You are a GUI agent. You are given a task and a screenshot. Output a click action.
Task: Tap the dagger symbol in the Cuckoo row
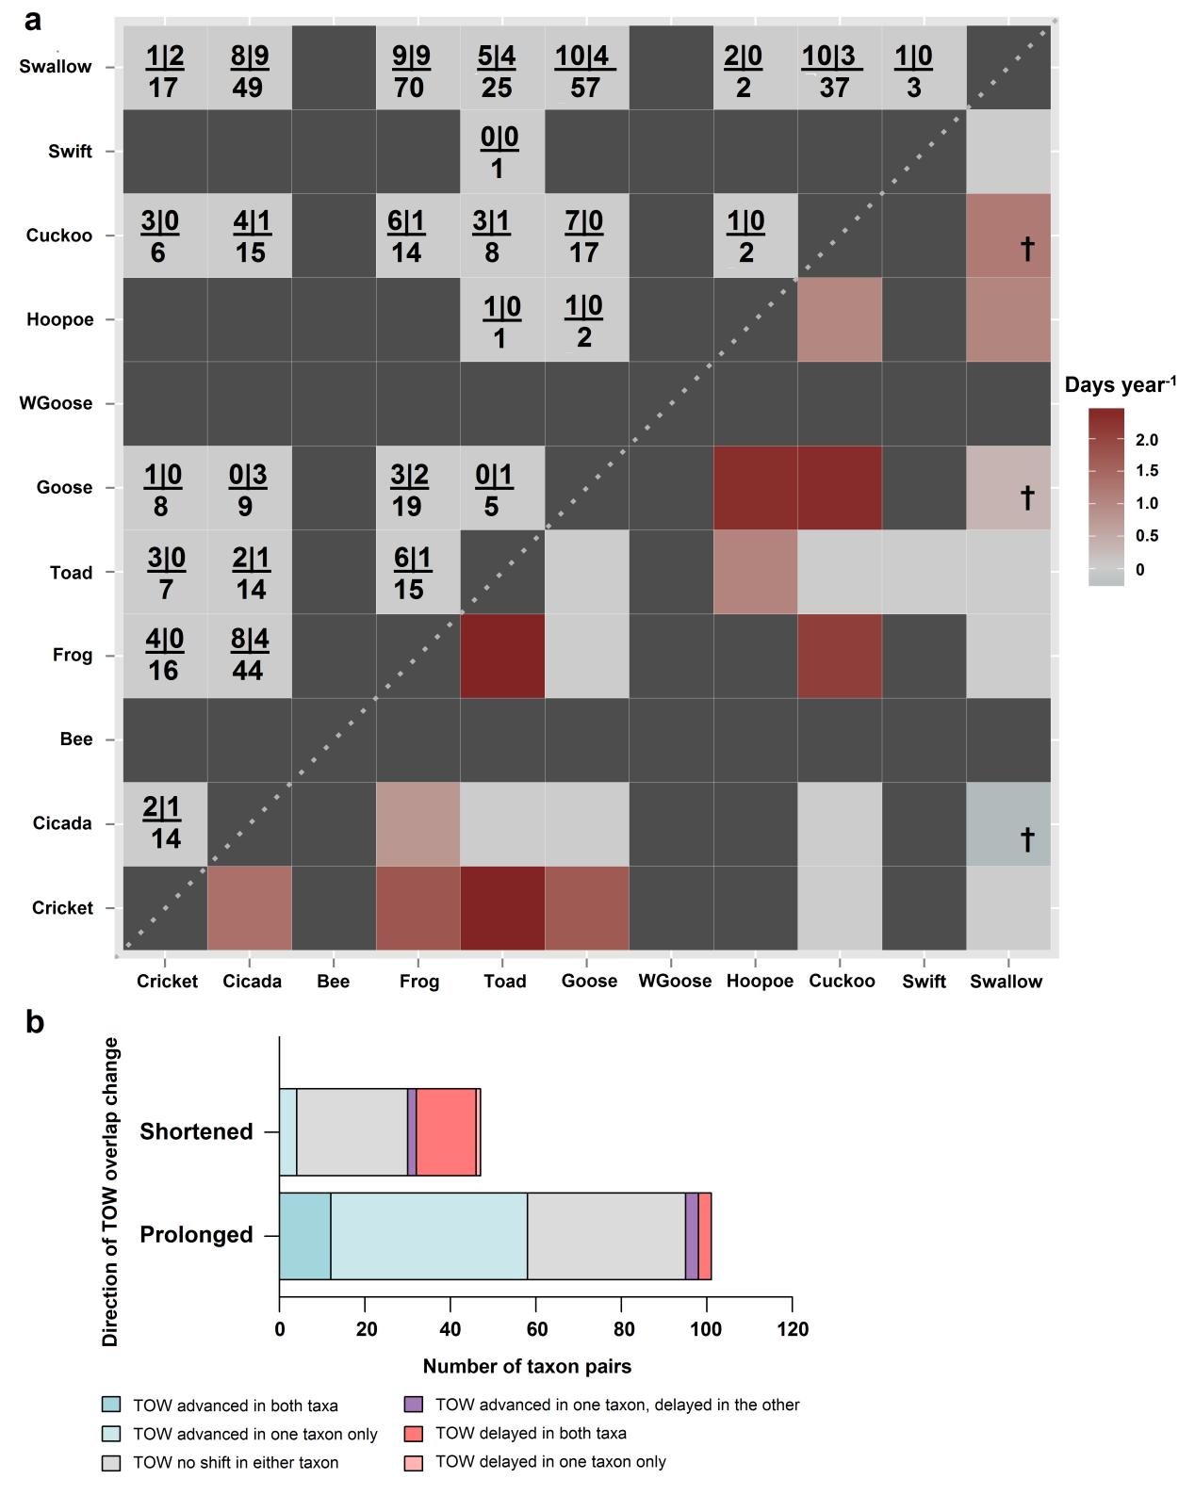click(x=1027, y=248)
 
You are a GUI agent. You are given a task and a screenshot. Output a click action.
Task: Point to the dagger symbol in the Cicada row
click(x=1027, y=838)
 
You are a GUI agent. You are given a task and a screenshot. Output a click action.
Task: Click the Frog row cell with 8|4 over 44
click(x=249, y=656)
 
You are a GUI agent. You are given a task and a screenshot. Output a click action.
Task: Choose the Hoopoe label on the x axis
click(x=760, y=982)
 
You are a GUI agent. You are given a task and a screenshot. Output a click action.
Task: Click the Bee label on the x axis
click(x=333, y=982)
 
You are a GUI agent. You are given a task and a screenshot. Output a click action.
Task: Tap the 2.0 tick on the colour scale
click(x=1147, y=440)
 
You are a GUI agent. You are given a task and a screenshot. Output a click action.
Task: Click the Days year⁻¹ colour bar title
click(x=1120, y=384)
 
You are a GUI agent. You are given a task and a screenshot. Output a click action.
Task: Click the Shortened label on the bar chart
click(x=196, y=1131)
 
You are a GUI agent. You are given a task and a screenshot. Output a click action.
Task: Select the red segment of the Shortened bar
click(x=446, y=1131)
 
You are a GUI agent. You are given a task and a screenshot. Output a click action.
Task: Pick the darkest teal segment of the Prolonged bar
click(x=304, y=1236)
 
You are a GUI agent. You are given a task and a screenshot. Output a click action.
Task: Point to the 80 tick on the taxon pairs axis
click(x=621, y=1330)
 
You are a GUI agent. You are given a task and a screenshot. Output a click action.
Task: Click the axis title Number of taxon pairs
click(x=527, y=1366)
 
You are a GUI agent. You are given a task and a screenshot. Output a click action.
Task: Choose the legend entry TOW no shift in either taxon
click(x=236, y=1463)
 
